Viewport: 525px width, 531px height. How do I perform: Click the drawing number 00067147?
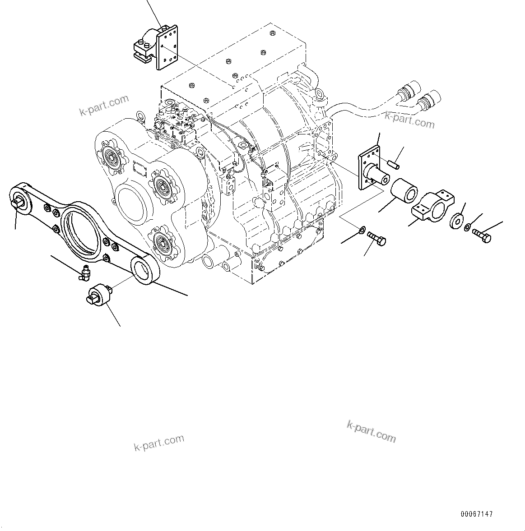point(477,514)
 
